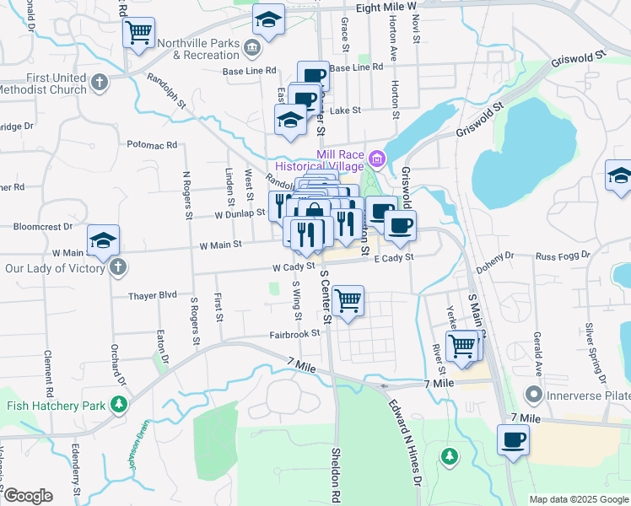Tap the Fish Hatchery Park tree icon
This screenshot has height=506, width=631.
click(120, 406)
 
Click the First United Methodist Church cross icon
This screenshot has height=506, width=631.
click(100, 83)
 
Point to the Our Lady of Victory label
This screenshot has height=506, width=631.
click(52, 267)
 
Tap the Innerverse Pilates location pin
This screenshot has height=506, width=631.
click(533, 394)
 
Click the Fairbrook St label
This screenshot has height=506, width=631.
click(294, 333)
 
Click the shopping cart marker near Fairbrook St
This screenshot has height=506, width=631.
click(348, 299)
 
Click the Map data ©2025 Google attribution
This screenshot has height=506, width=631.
click(579, 499)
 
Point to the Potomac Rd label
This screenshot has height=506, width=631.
click(153, 145)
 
